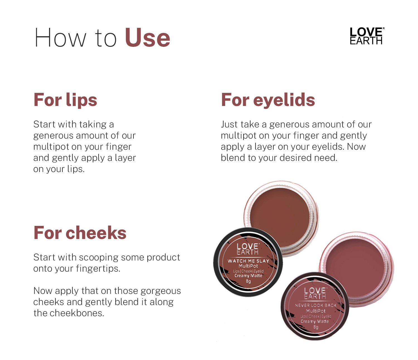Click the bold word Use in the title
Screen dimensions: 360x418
147,38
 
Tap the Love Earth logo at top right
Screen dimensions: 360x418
366,36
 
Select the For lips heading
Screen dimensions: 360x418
65,100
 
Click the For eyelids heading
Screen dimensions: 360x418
268,100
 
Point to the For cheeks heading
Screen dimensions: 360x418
80,233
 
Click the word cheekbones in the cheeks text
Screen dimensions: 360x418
77,313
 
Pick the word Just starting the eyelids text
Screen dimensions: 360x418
229,124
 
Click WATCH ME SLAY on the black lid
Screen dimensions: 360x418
248,261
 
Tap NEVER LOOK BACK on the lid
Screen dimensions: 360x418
315,305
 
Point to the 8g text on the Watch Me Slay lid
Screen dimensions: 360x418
248,281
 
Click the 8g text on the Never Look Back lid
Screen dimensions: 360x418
315,327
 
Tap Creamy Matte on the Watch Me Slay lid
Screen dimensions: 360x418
248,276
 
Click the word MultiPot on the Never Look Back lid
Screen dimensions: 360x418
315,311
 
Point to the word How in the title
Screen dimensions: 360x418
60,38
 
